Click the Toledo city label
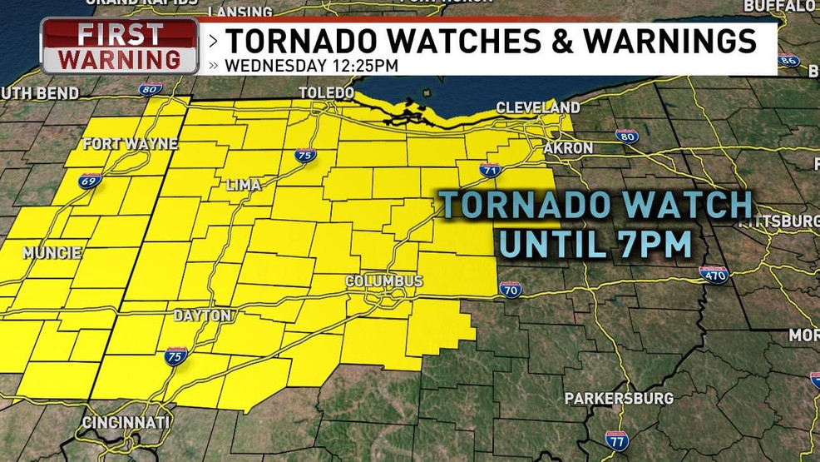point(326,92)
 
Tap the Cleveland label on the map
point(538,108)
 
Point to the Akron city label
point(568,148)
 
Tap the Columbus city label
point(385,281)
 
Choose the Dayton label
point(202,315)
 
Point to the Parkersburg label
point(619,399)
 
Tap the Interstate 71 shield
point(489,171)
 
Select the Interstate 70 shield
point(511,289)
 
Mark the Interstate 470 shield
point(714,275)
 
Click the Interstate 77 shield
point(616,440)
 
